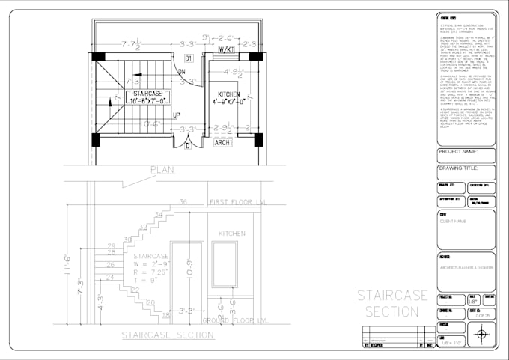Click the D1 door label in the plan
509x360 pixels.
coord(189,58)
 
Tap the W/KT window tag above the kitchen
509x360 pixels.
coord(225,49)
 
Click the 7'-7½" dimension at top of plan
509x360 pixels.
coord(133,44)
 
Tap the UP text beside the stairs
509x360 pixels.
coord(176,116)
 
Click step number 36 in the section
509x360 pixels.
coord(182,202)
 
